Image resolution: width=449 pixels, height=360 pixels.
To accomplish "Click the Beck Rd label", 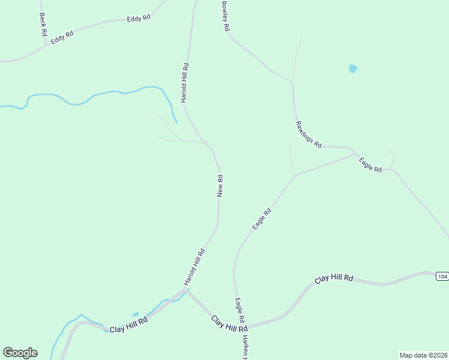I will [x=43, y=25].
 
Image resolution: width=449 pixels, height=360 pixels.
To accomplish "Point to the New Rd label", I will [x=220, y=185].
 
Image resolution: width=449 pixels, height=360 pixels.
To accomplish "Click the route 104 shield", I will [x=442, y=276].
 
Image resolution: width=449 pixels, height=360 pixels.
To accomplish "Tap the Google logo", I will [x=20, y=353].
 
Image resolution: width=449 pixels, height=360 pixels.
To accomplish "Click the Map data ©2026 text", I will [x=423, y=355].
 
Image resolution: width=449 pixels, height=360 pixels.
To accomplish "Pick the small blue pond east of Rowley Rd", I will [x=353, y=69].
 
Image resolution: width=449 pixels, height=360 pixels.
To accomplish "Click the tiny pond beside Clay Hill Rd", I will [x=136, y=314].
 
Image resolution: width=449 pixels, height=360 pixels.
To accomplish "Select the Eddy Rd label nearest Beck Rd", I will [x=62, y=37].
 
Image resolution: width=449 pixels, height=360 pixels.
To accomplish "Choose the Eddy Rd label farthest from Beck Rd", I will [x=138, y=19].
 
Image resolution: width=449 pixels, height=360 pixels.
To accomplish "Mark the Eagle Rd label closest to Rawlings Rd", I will [x=370, y=165].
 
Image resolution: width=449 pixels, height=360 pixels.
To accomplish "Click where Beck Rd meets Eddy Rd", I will [x=45, y=44].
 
